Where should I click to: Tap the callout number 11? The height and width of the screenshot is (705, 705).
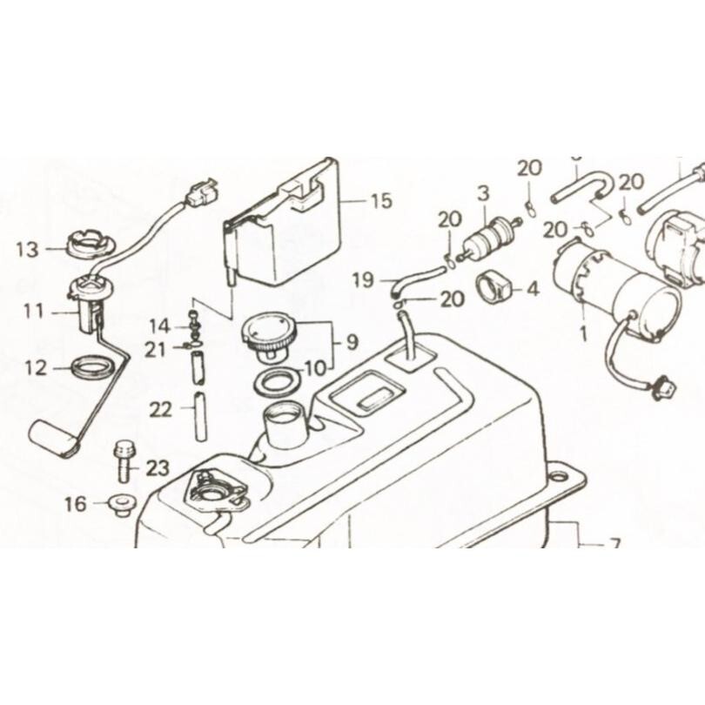(33, 309)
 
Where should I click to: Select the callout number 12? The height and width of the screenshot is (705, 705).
(34, 368)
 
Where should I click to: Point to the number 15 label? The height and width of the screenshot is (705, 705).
(381, 202)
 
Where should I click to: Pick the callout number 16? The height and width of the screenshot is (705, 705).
(76, 503)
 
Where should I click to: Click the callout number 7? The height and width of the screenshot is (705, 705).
(614, 546)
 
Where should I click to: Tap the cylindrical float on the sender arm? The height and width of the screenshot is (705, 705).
(55, 437)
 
